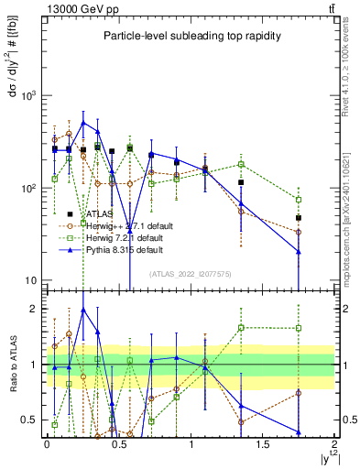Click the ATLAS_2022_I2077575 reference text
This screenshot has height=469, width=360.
[190, 274]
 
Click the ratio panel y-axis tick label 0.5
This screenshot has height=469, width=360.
[29, 420]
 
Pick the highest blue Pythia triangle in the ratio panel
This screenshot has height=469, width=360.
[83, 310]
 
